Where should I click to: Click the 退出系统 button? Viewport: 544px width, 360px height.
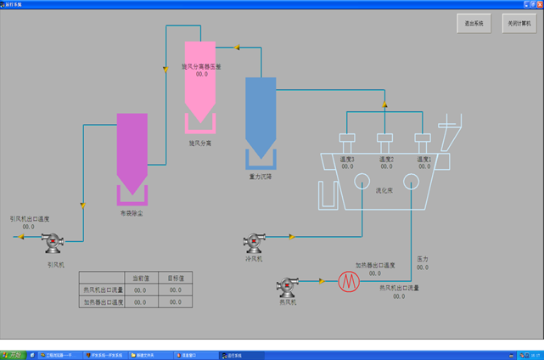474,24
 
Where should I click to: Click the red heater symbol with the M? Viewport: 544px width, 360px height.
347,281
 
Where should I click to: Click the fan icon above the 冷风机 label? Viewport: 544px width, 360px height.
254,245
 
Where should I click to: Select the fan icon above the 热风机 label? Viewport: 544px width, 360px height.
289,286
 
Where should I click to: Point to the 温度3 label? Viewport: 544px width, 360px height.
347,159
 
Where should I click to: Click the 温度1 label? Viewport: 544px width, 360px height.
423,159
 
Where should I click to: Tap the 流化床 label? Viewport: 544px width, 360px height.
384,191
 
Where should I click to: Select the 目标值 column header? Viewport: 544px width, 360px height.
175,278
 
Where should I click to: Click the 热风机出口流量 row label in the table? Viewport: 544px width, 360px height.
103,290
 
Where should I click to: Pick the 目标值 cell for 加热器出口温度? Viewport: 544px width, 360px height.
175,302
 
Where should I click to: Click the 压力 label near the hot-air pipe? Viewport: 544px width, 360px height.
423,259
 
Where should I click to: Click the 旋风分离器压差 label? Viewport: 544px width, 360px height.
201,66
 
